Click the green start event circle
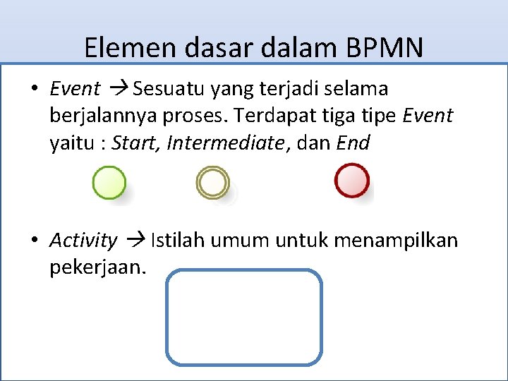pos(109,183)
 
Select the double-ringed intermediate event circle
pos(212,183)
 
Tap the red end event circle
pos(351,181)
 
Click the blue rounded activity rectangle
pos(244,317)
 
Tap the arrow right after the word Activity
pos(134,241)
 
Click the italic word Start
pos(136,143)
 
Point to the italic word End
pos(353,143)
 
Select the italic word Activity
pos(83,241)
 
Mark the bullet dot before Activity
pos(34,241)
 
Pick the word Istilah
pos(176,241)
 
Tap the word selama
pos(356,89)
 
